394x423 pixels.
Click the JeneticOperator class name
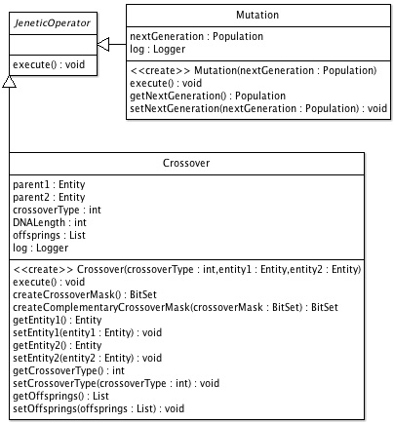(x=52, y=23)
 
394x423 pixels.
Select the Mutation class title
(x=257, y=15)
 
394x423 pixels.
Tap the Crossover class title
(x=186, y=163)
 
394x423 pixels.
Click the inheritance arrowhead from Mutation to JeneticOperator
(x=103, y=44)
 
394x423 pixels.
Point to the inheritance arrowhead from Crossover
(x=9, y=82)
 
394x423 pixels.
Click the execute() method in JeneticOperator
(x=49, y=64)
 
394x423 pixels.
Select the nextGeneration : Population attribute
(x=196, y=36)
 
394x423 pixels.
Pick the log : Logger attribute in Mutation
(x=157, y=49)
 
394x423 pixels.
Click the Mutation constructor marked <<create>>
(x=254, y=70)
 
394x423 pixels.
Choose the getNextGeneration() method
(x=208, y=96)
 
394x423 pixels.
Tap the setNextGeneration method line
(x=258, y=108)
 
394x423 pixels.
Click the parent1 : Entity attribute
(x=49, y=184)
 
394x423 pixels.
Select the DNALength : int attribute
(x=50, y=222)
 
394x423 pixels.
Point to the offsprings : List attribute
(x=49, y=235)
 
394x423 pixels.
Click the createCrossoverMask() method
(x=85, y=294)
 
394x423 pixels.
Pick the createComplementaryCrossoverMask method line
(x=176, y=307)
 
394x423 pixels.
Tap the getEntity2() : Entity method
(x=58, y=345)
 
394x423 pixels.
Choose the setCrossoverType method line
(x=116, y=383)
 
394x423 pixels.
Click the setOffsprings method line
(x=98, y=408)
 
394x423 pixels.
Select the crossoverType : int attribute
(x=57, y=210)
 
